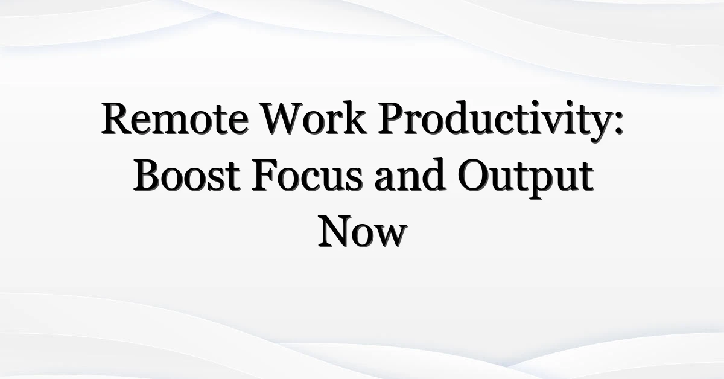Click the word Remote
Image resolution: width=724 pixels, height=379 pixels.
pyautogui.click(x=175, y=118)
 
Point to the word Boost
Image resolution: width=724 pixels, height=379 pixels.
pyautogui.click(x=186, y=175)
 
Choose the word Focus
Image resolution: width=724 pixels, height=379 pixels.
pyautogui.click(x=307, y=175)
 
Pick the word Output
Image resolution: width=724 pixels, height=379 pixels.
pyautogui.click(x=526, y=178)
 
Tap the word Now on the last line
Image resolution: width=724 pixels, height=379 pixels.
pyautogui.click(x=363, y=231)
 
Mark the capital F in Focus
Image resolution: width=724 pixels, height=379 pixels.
pyautogui.click(x=264, y=175)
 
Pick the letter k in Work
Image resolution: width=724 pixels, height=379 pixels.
pyautogui.click(x=355, y=118)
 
